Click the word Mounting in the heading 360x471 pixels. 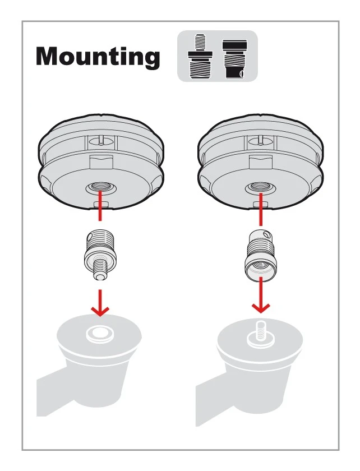pyautogui.click(x=98, y=56)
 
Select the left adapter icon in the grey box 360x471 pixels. pyautogui.click(x=200, y=56)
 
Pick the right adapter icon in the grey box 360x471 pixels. pyautogui.click(x=235, y=58)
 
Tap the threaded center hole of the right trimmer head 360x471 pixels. pyautogui.click(x=260, y=189)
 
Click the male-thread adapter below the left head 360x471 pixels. pyautogui.click(x=100, y=255)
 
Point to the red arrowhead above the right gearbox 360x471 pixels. pyautogui.click(x=261, y=308)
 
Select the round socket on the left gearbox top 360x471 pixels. pyautogui.click(x=100, y=334)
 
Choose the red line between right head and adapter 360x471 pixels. pyautogui.click(x=261, y=209)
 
